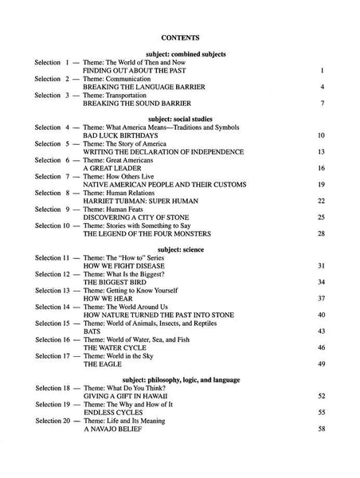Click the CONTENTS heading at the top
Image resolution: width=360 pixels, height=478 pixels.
180,37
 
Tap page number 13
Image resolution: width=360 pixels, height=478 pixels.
320,151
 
